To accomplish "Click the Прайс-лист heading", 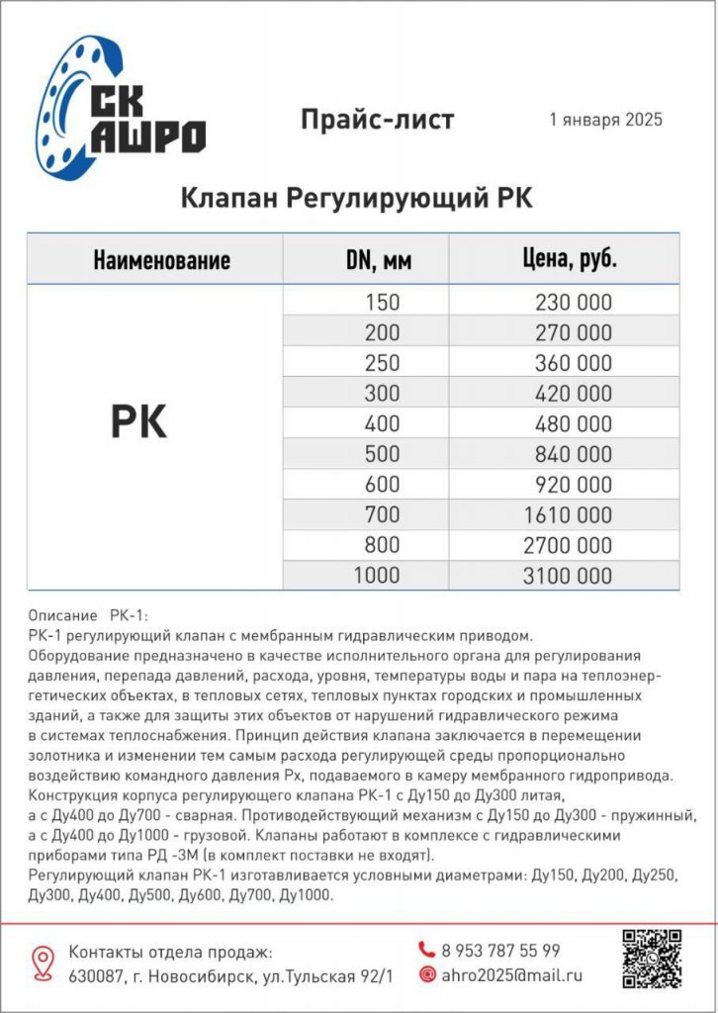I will (x=377, y=120).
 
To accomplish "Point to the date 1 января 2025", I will (x=605, y=120).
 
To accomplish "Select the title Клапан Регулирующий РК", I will (x=356, y=198).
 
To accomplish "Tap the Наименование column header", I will (x=161, y=260).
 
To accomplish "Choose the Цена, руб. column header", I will (x=570, y=260).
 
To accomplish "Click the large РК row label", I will (x=137, y=422).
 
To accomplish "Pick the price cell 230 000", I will (x=573, y=303).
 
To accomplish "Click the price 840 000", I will (x=573, y=454).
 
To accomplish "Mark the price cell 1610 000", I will (x=568, y=514).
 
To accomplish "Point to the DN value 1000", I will (x=377, y=575).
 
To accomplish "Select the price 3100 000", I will (x=568, y=575).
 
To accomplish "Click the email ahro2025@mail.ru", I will (x=511, y=974).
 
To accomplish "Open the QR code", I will (x=652, y=958).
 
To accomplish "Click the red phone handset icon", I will (x=427, y=950).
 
